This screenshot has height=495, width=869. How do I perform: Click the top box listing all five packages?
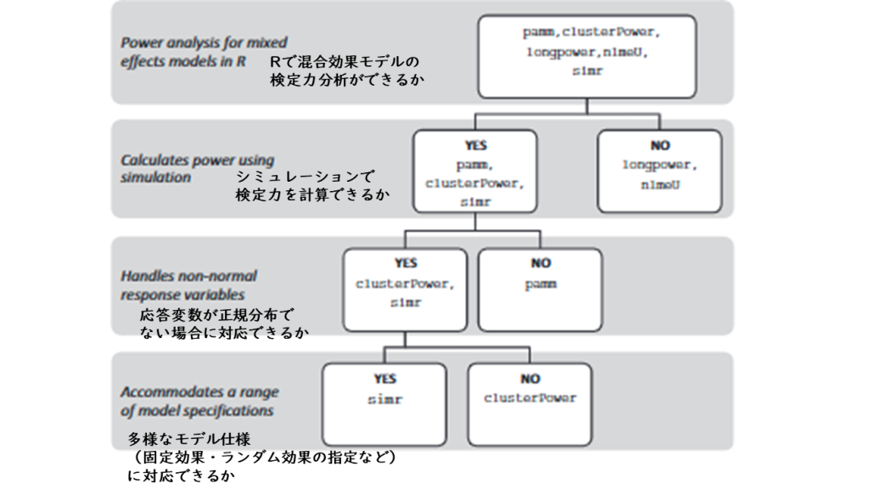587,57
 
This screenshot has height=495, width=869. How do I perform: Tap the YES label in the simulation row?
475,145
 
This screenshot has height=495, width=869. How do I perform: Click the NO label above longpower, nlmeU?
659,145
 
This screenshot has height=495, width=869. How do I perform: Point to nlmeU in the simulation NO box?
660,184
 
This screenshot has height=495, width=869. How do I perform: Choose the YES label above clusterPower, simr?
405,262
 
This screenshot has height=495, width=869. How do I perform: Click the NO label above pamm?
541,262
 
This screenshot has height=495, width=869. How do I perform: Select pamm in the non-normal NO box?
541,284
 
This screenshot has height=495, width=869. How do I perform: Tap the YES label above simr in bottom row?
384,379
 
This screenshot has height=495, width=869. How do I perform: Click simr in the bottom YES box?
384,399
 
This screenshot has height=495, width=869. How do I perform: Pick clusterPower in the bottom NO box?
530,398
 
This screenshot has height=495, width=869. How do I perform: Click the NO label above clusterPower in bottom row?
530,379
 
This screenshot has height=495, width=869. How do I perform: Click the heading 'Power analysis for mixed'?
204,42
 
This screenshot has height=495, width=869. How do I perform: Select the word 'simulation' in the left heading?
156,177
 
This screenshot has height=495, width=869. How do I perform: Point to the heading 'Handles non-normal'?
189,276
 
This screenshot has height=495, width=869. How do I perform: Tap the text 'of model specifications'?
197,411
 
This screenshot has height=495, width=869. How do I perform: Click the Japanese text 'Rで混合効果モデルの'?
345,61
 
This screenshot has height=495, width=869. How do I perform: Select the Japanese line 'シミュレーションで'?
306,177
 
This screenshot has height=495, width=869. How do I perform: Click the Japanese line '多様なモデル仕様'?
189,439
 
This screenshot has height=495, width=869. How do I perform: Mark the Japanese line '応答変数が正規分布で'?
216,315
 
